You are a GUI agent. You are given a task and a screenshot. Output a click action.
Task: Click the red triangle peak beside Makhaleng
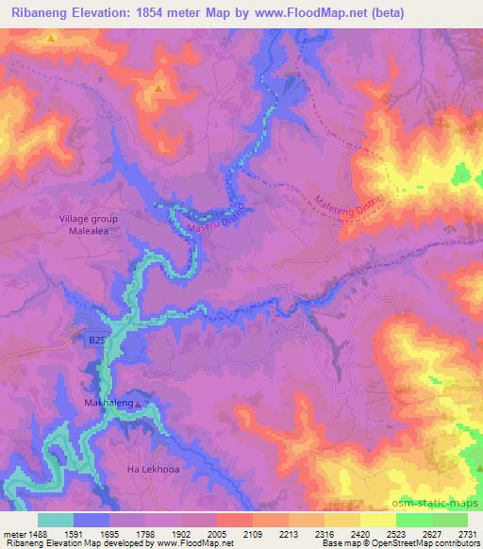[138, 405]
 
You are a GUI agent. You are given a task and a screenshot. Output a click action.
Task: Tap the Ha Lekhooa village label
[153, 469]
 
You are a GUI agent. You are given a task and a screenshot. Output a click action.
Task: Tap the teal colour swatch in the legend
[56, 520]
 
